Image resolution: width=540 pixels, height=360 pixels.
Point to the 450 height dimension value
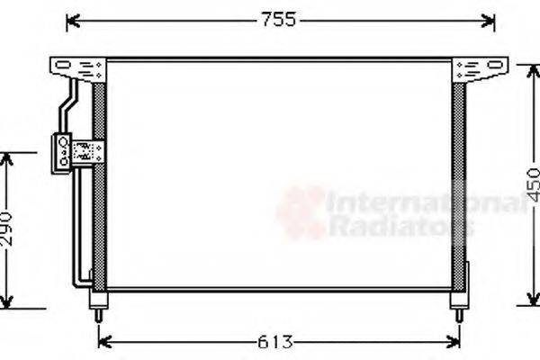(x=533, y=184)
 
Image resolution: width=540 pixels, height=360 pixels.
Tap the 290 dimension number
(x=6, y=229)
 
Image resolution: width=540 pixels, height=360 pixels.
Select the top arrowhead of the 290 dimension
(x=7, y=158)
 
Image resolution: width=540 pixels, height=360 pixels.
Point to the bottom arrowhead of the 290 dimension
(x=7, y=302)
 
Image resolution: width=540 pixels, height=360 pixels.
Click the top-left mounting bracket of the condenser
(x=79, y=67)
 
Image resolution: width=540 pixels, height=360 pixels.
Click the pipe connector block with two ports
(x=63, y=150)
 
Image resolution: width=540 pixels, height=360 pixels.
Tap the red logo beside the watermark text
(x=301, y=212)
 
